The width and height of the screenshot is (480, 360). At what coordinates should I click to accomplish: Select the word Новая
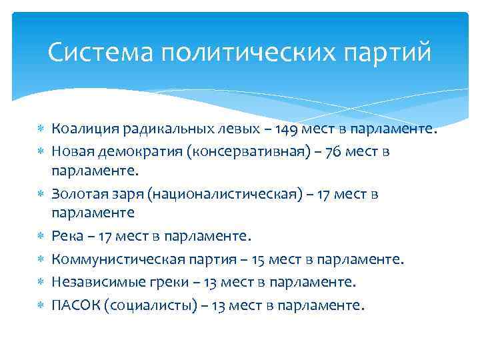point(72,151)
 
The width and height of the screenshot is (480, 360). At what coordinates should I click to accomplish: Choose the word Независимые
point(93,282)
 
